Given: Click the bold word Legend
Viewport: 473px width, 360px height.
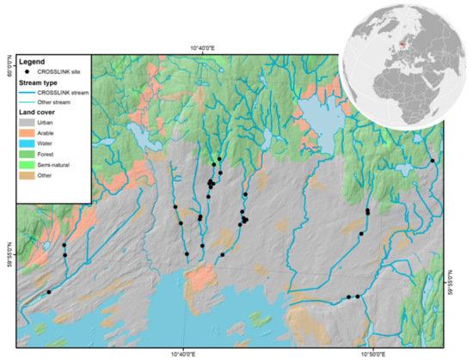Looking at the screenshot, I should point(29,63).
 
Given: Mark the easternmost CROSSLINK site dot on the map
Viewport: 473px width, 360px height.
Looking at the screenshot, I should point(433,161).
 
